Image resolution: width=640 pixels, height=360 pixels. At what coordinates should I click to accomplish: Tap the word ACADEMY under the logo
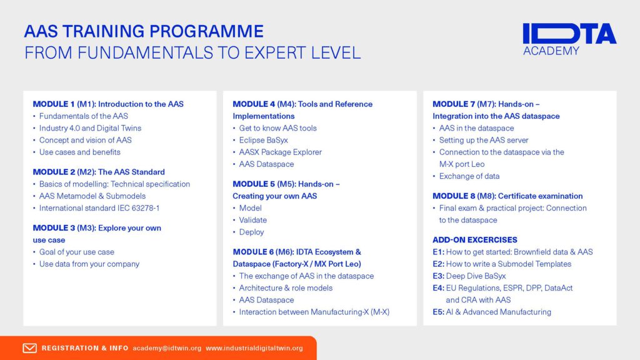[551, 51]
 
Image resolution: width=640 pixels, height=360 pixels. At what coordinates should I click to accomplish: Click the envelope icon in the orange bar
[29, 348]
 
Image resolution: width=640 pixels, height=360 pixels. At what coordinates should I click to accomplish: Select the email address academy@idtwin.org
[167, 348]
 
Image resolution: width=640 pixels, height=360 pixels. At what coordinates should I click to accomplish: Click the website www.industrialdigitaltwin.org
[254, 348]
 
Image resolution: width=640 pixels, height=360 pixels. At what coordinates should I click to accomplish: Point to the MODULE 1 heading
[108, 104]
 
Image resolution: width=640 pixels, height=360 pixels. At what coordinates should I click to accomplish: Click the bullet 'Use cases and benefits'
[79, 152]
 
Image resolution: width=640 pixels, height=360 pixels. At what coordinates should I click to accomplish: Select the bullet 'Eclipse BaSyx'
[263, 141]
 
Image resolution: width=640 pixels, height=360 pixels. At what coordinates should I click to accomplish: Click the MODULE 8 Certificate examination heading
[507, 196]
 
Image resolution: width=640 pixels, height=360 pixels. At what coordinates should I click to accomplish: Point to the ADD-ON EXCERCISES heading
[475, 240]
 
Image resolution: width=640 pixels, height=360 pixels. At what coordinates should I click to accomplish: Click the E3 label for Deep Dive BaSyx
[438, 276]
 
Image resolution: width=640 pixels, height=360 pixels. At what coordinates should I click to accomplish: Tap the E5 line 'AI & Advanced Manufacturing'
[492, 312]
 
